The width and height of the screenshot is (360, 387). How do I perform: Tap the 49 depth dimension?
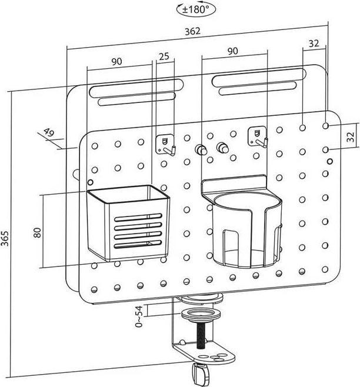(x=49, y=133)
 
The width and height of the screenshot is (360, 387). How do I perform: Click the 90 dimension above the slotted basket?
(x=116, y=61)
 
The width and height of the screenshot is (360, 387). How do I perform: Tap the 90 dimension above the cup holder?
(x=232, y=51)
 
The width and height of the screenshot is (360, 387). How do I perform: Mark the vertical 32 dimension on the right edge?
(x=351, y=137)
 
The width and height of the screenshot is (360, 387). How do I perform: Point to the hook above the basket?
(x=167, y=144)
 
